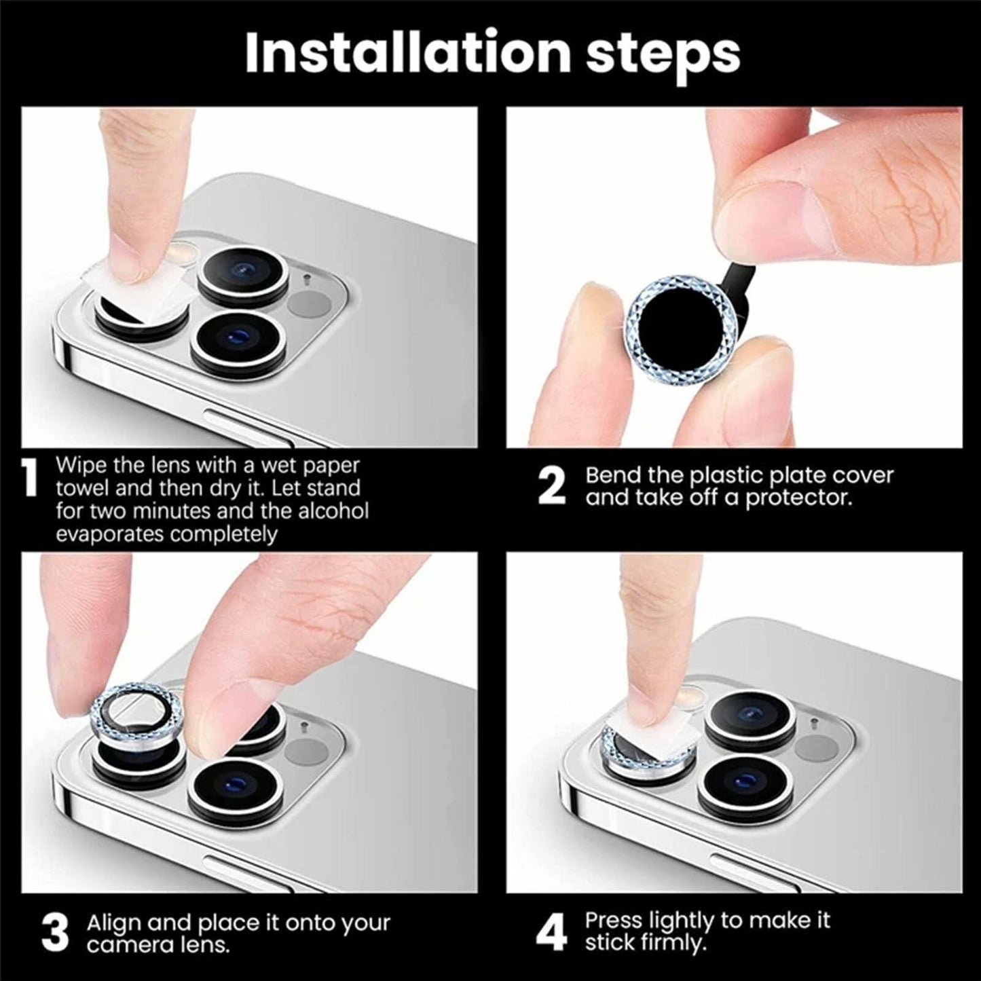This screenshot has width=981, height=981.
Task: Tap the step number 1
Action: click(29, 479)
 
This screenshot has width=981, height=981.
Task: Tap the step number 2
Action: click(551, 486)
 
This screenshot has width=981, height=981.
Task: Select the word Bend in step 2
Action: click(614, 475)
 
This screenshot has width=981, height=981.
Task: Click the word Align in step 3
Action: click(114, 923)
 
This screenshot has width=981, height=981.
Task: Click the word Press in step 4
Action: click(614, 920)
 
